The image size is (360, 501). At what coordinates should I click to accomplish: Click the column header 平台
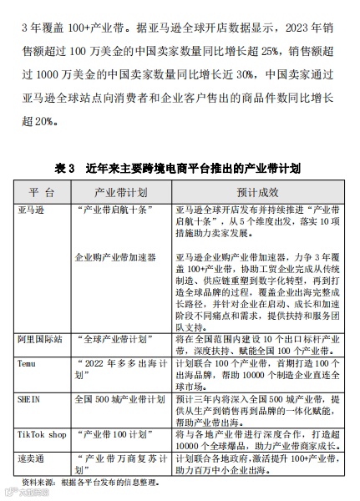[41, 191]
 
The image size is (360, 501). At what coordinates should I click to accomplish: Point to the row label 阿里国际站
[40, 341]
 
